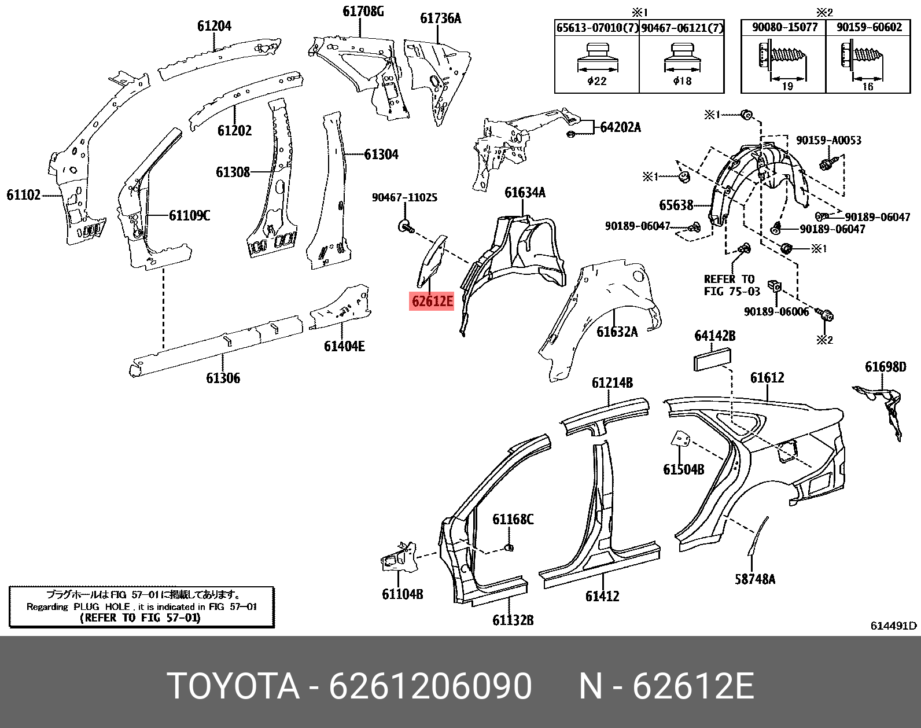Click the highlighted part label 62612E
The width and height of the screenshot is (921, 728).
coord(432,302)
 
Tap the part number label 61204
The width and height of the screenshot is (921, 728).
coord(214,26)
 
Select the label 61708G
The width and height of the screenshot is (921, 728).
coord(363,12)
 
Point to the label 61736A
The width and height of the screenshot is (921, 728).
coord(440,19)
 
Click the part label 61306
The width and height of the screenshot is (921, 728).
coord(223,378)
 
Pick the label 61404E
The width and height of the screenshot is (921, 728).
coord(344,347)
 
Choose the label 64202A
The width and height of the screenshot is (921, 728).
coord(620,127)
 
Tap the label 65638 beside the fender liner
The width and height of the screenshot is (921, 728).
coord(676,205)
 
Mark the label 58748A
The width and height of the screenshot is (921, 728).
coord(755,579)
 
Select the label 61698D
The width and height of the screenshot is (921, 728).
coord(885,367)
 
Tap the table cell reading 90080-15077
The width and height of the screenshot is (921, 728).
coord(784,27)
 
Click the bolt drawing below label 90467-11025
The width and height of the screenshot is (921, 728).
coord(406,226)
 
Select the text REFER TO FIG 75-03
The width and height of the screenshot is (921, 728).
coord(731,285)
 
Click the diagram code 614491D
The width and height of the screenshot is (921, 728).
coord(893,626)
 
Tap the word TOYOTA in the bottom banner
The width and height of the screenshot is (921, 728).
coord(233,687)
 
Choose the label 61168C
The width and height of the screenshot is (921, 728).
coord(513,520)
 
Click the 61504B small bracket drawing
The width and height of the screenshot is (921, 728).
coord(680,440)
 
